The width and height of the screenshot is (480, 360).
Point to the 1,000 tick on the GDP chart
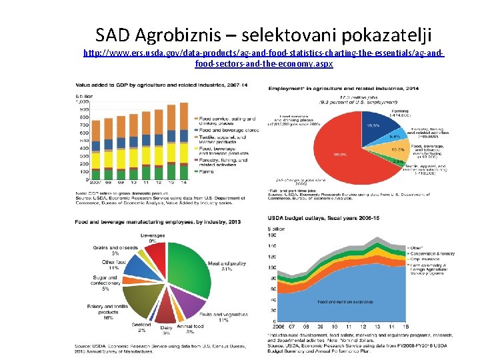tap(82, 102)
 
